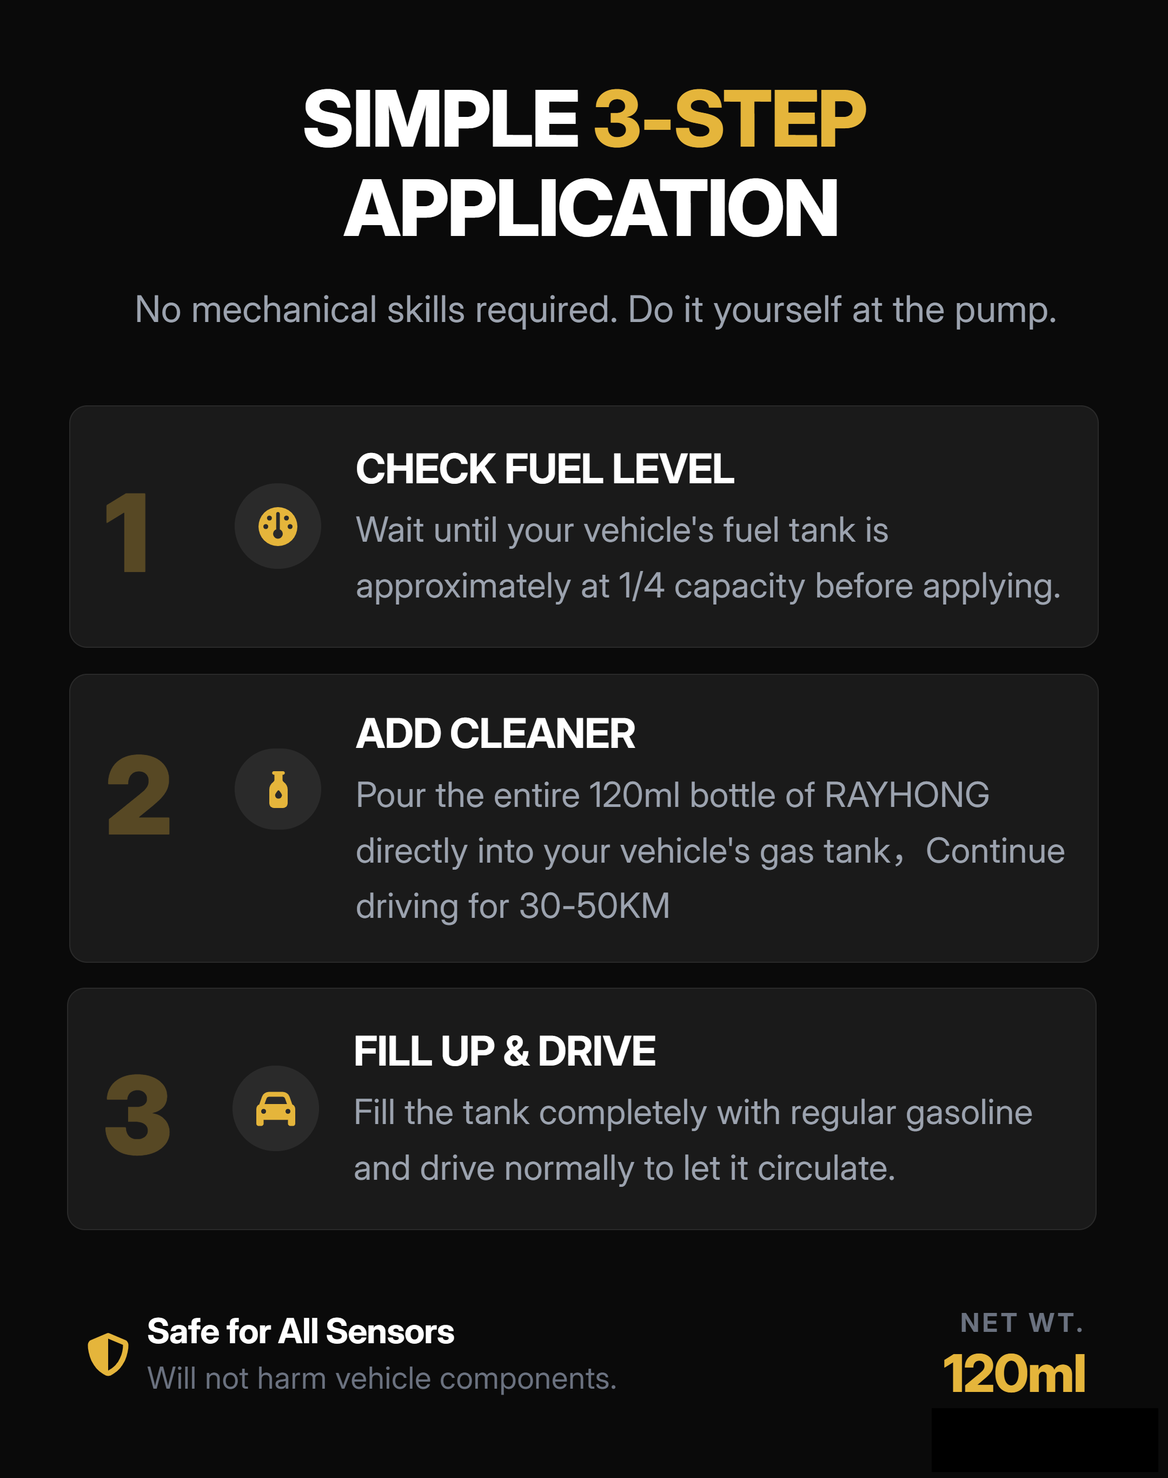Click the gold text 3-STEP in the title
click(x=729, y=119)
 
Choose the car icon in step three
click(x=276, y=1108)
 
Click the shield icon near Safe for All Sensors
click(x=108, y=1354)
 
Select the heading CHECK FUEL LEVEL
click(x=545, y=469)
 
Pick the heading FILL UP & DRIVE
click(x=504, y=1051)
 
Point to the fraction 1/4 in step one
click(x=641, y=586)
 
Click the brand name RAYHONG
click(x=907, y=795)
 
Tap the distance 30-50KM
click(x=594, y=906)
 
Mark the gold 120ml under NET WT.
click(x=1013, y=1374)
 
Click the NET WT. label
click(x=1021, y=1323)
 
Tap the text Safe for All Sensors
click(x=300, y=1331)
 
